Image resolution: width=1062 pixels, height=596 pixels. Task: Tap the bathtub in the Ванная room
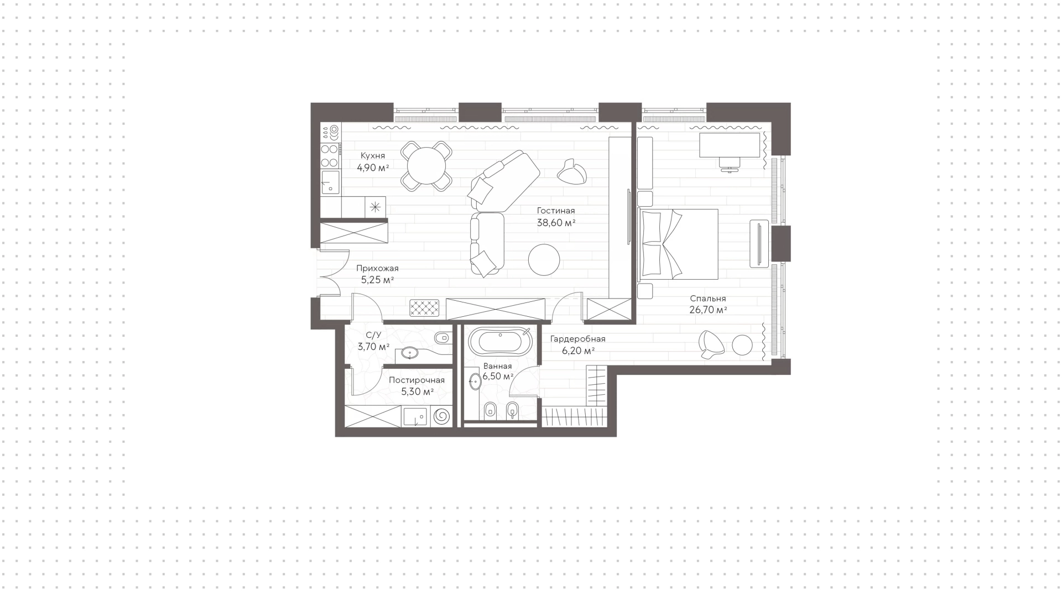(x=500, y=341)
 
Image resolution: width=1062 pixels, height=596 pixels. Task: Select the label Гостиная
(x=556, y=211)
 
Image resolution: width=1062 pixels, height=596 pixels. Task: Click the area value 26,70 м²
(x=708, y=310)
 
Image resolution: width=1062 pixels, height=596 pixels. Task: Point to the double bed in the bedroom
(x=678, y=244)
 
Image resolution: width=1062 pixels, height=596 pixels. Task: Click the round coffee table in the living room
(x=544, y=259)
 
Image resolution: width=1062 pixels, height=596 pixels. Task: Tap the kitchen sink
(x=330, y=181)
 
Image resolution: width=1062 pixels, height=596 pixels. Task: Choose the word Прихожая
(x=377, y=268)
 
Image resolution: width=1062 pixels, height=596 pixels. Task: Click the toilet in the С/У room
(x=442, y=337)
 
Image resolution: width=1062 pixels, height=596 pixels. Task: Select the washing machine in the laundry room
(x=441, y=416)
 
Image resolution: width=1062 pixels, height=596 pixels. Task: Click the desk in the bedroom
(x=730, y=144)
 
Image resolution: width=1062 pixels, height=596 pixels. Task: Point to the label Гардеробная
(x=577, y=339)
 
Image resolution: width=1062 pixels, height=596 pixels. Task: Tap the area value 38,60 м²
(x=556, y=223)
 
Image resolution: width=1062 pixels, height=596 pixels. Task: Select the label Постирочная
(x=417, y=380)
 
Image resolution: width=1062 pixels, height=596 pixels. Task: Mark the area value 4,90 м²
(x=373, y=168)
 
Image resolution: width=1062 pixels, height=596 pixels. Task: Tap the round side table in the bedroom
(x=742, y=345)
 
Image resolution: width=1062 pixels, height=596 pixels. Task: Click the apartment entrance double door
(x=333, y=271)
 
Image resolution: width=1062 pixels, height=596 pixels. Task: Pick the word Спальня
(x=708, y=299)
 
